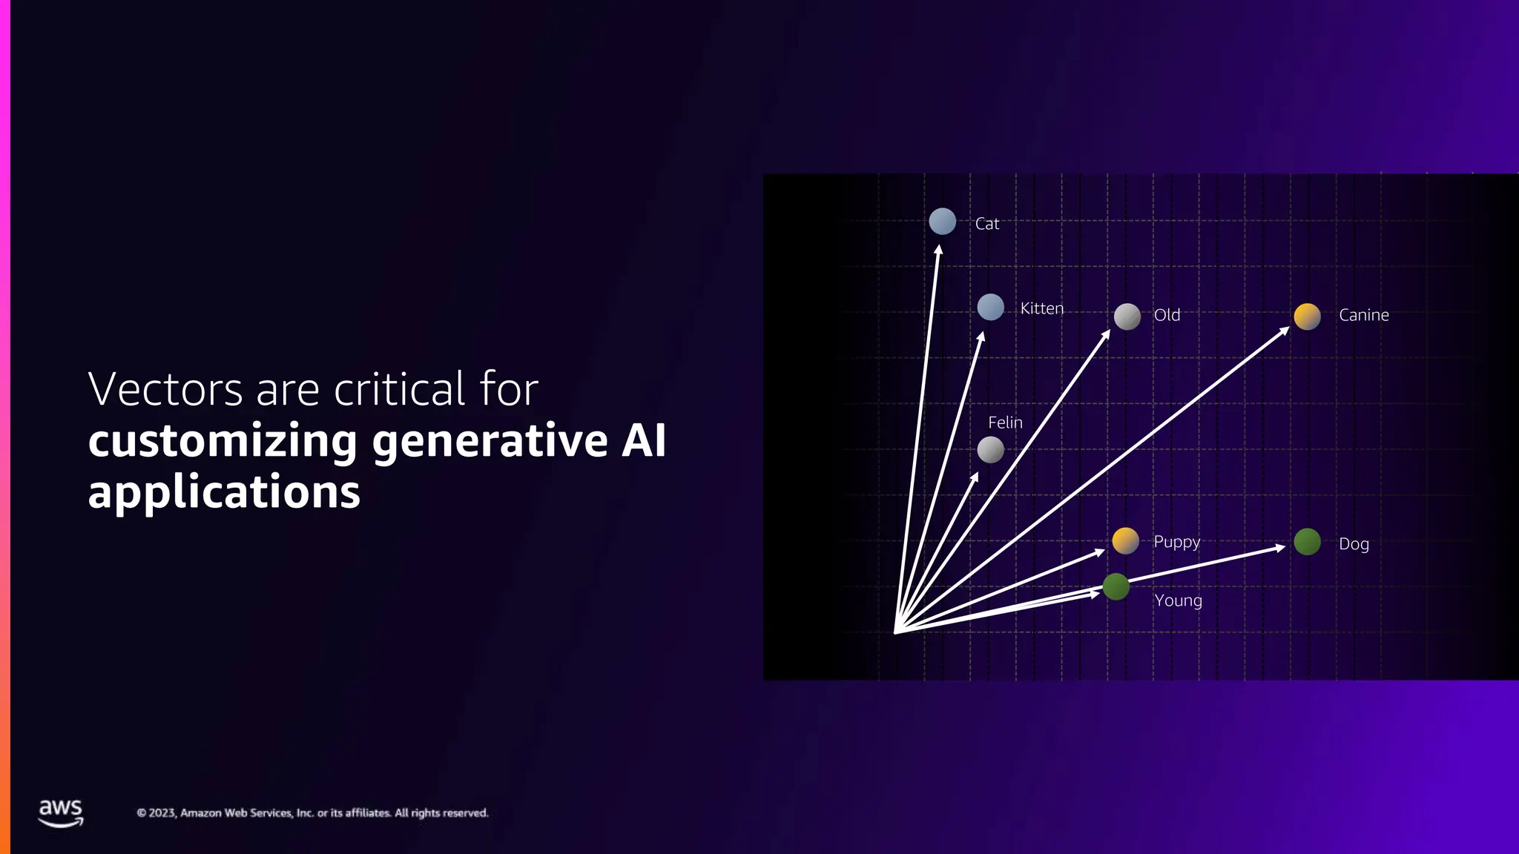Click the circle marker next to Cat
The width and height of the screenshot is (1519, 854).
[942, 222]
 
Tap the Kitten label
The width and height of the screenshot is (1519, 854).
[1041, 308]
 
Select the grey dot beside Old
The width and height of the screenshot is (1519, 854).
[1127, 317]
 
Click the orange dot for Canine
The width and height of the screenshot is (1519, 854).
[1307, 317]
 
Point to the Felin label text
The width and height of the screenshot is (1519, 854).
[1005, 423]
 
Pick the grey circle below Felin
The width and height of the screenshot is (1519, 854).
[990, 450]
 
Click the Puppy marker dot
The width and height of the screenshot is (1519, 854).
[1125, 541]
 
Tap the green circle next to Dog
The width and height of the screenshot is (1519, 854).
[1307, 542]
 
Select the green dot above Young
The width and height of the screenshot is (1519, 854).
[1116, 587]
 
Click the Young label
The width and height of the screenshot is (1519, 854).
[1178, 600]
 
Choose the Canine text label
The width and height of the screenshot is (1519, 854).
[1363, 315]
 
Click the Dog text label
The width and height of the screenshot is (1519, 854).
[1354, 544]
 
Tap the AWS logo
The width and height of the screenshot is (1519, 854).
[61, 812]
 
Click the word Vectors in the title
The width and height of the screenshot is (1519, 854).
[165, 389]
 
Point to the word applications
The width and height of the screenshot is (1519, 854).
[224, 492]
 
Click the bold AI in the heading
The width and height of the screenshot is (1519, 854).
[643, 440]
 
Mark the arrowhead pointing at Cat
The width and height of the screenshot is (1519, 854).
[939, 250]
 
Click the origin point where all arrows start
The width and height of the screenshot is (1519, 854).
[896, 632]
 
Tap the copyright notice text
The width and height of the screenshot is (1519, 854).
[312, 813]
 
